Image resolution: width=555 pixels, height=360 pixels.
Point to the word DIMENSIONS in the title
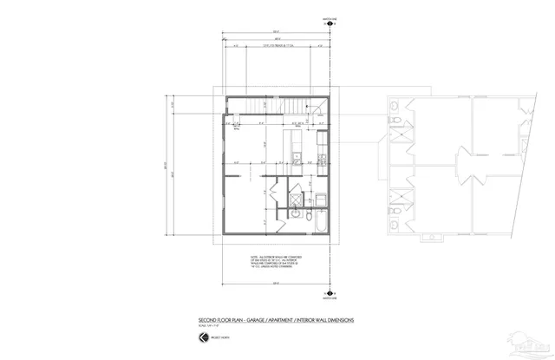340,321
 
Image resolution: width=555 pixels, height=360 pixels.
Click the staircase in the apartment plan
269,106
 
